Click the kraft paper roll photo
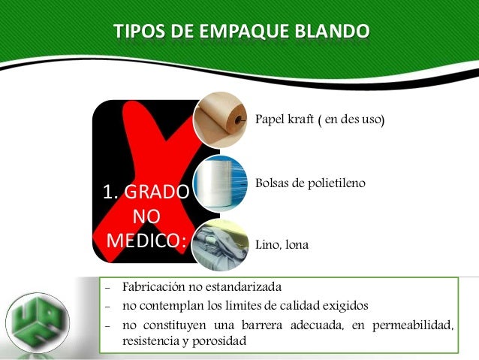(x=219, y=119)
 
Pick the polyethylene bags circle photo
(x=219, y=183)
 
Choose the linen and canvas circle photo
(x=219, y=244)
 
